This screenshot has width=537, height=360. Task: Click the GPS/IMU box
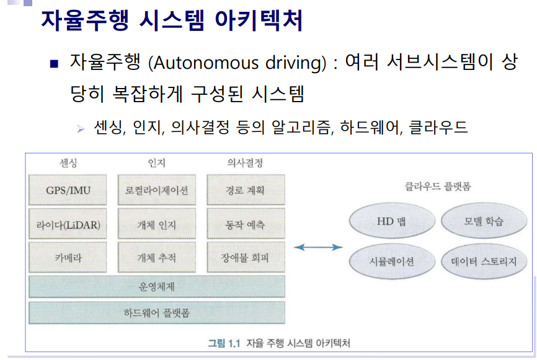(x=68, y=190)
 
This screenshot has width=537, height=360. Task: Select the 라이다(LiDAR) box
(x=68, y=224)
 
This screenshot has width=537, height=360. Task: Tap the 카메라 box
(x=68, y=257)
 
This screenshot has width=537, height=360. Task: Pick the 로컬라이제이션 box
(x=157, y=190)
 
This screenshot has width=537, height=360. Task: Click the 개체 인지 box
(x=157, y=224)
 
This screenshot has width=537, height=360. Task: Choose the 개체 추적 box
(x=157, y=257)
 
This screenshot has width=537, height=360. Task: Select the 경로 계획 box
(x=246, y=190)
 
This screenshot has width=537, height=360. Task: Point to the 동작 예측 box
(x=246, y=224)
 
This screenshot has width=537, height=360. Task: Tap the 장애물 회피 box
(x=246, y=257)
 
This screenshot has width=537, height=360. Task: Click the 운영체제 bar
(x=157, y=286)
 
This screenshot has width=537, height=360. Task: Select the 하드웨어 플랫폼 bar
(x=157, y=312)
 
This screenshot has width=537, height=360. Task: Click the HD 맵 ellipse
(x=391, y=221)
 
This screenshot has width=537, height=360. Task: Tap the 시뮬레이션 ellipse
(x=391, y=261)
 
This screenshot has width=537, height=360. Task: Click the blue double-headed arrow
(x=317, y=247)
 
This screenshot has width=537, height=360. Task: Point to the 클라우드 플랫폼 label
(x=437, y=185)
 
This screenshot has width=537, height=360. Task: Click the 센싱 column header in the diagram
(x=68, y=164)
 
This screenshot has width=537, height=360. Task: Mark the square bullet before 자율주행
(x=55, y=64)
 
